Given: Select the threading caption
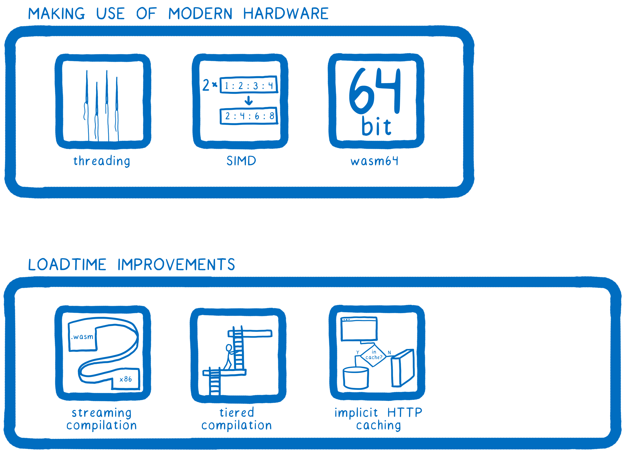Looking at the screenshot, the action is pos(102,161).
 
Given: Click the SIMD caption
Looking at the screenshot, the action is pos(241,161).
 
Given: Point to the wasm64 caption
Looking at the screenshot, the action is pos(374,161).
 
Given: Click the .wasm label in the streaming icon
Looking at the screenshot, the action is pos(82,337).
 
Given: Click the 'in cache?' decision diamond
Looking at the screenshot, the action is pos(374,355).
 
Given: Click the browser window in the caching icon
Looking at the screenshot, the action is pos(359,329).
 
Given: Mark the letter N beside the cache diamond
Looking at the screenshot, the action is pos(390,353).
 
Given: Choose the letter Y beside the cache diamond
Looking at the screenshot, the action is pos(358,353).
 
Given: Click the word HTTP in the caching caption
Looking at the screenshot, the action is pos(405,413).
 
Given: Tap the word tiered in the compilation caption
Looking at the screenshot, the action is pos(237,413).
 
